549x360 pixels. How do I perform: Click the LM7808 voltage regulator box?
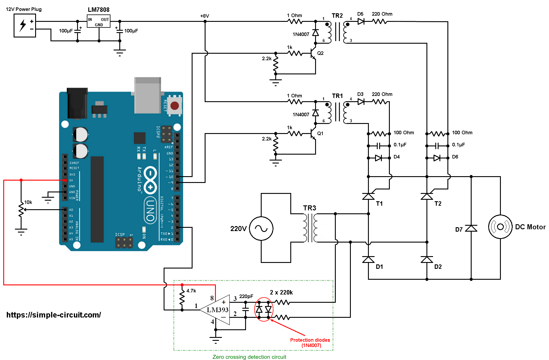pyautogui.click(x=99, y=21)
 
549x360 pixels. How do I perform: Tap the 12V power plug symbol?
pyautogui.click(x=25, y=26)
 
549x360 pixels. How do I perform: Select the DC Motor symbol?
pyautogui.click(x=500, y=227)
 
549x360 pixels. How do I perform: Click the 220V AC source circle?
pyautogui.click(x=261, y=228)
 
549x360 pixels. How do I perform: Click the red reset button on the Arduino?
pyautogui.click(x=175, y=106)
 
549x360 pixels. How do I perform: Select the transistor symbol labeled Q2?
pyautogui.click(x=313, y=53)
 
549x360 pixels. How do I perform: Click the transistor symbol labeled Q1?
pyautogui.click(x=313, y=133)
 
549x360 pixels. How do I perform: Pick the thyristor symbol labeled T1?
pyautogui.click(x=368, y=197)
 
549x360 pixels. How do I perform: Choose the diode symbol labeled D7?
pyautogui.click(x=471, y=228)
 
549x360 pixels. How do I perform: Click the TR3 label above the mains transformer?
pyautogui.click(x=309, y=208)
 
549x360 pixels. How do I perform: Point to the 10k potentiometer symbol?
pyautogui.click(x=21, y=210)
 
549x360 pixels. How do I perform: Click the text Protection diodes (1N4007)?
pyautogui.click(x=310, y=343)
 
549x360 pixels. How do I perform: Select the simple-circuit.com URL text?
pyautogui.click(x=53, y=315)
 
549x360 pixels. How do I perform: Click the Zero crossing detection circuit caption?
pyautogui.click(x=249, y=357)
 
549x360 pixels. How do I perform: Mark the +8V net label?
pyautogui.click(x=204, y=16)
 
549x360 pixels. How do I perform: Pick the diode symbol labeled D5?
pyautogui.click(x=361, y=21)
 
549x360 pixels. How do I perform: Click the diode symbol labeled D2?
pyautogui.click(x=427, y=260)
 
